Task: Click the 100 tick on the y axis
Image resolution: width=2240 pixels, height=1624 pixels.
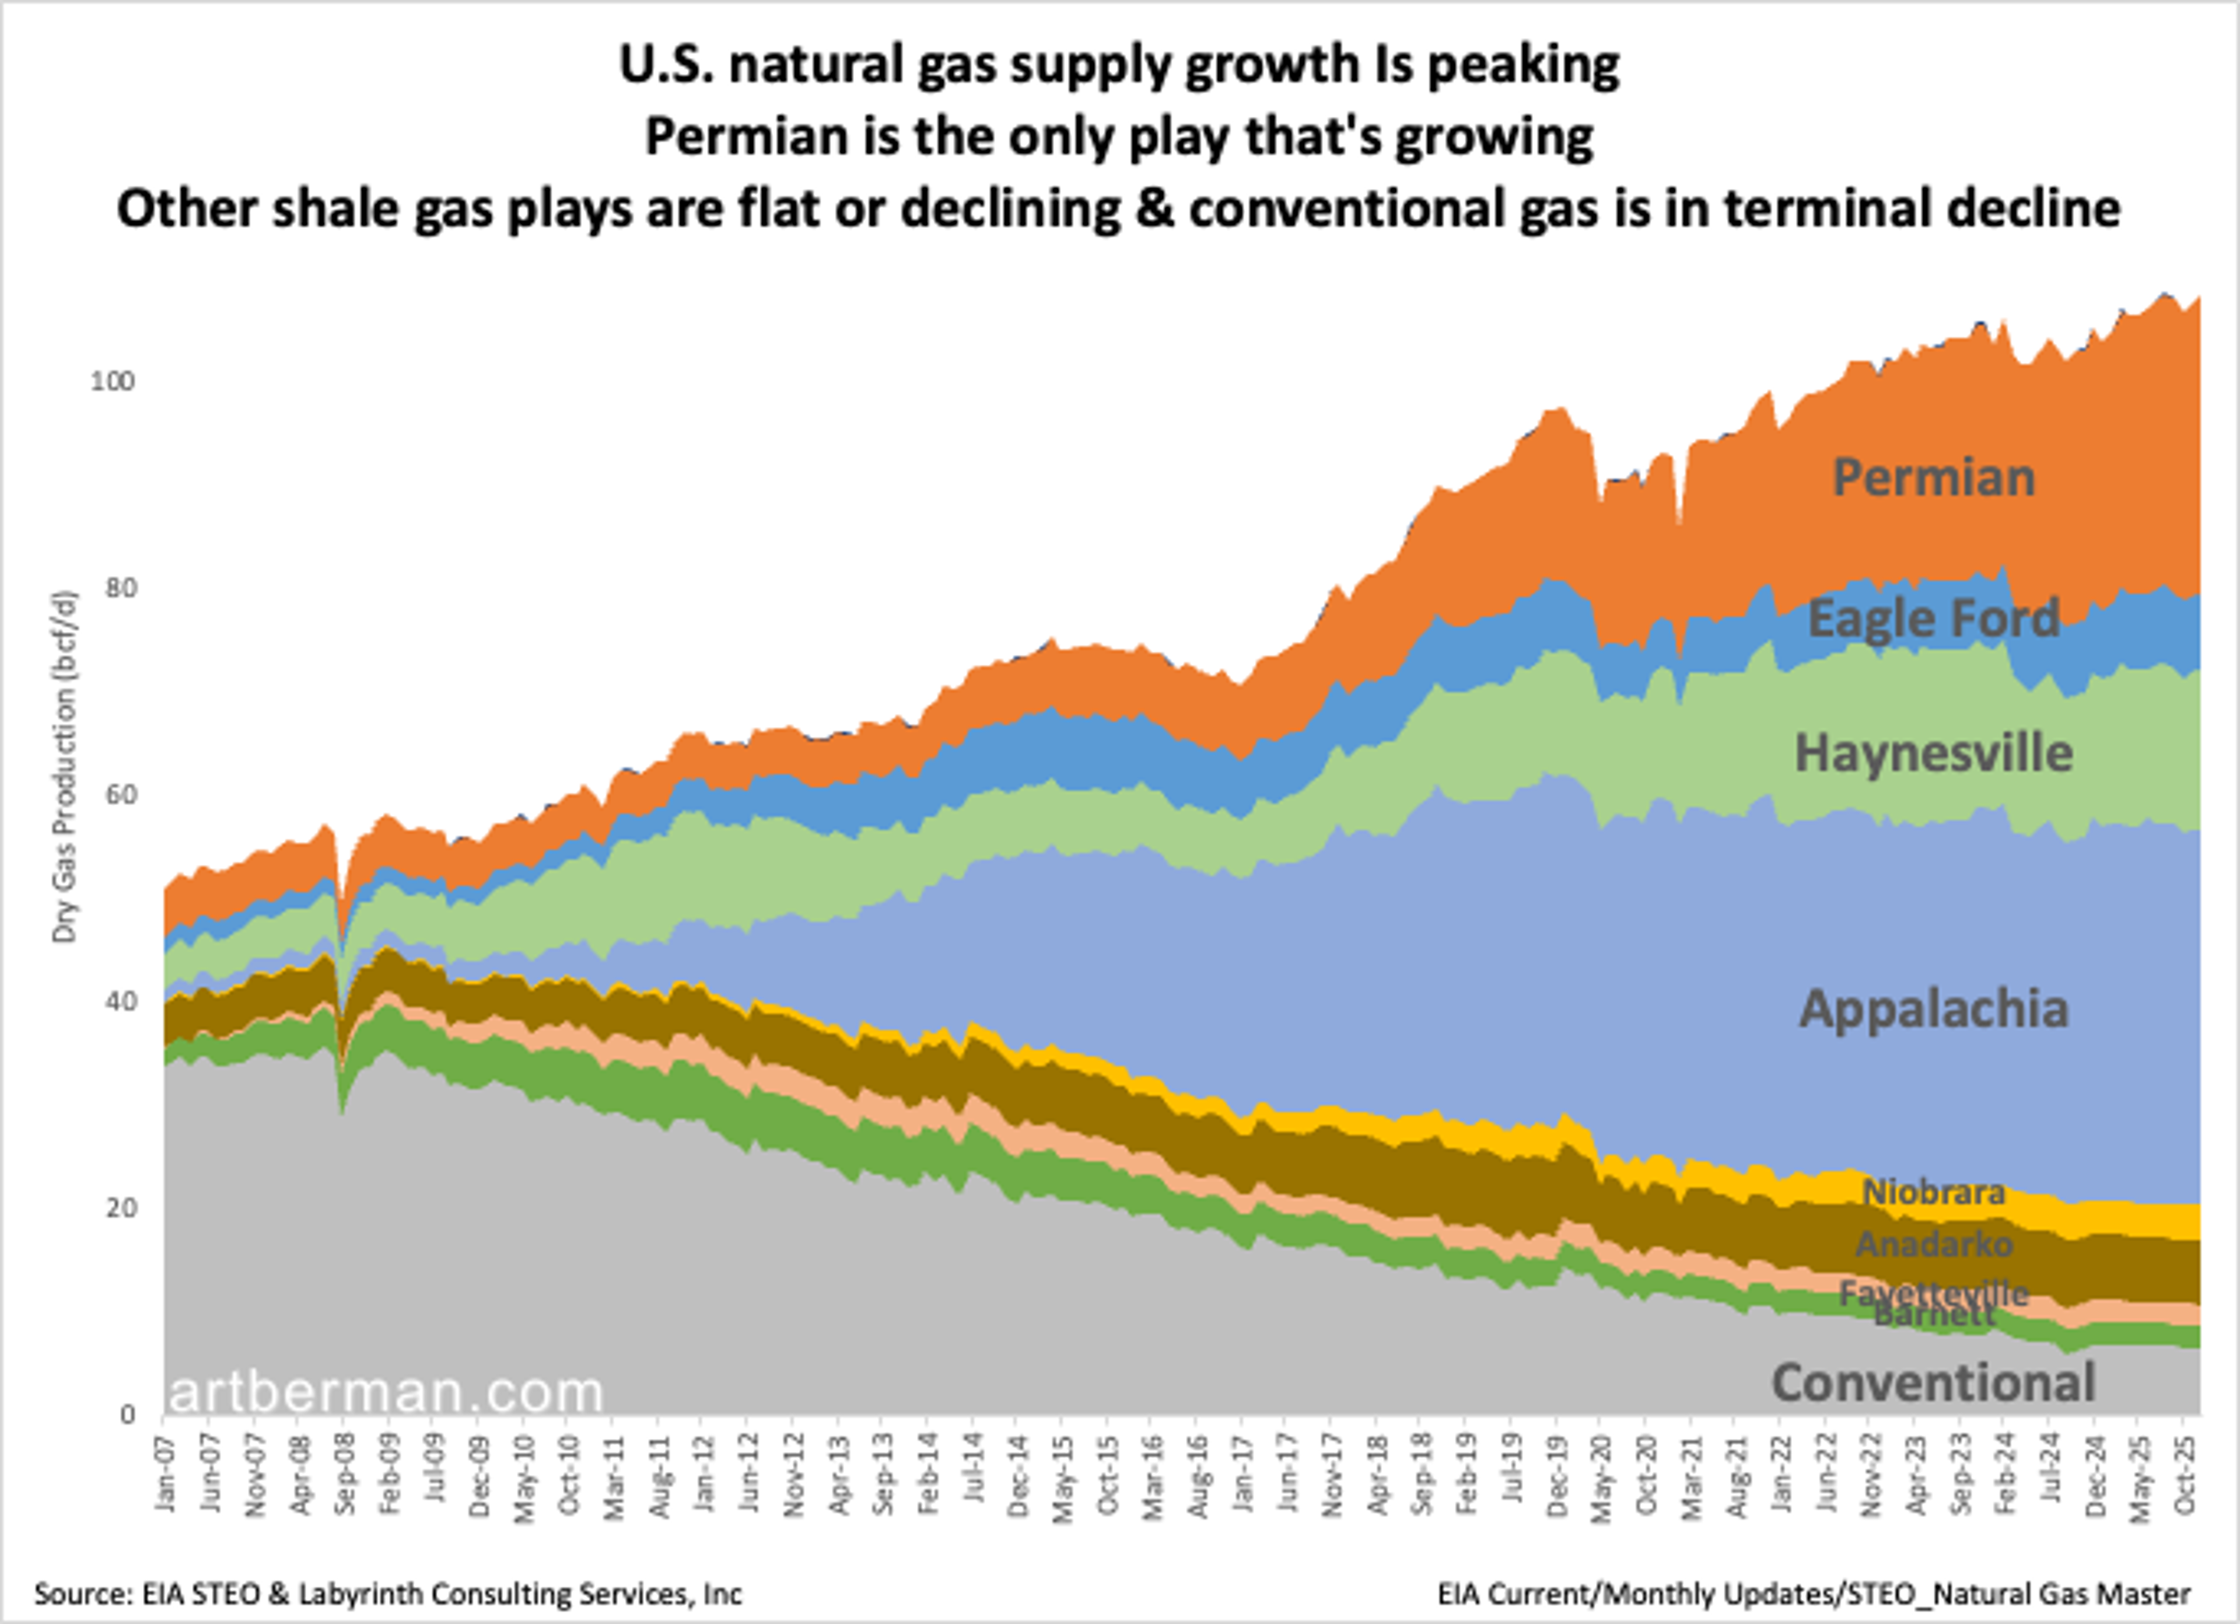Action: click(111, 381)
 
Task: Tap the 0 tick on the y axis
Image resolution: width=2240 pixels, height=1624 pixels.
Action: click(127, 1415)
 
